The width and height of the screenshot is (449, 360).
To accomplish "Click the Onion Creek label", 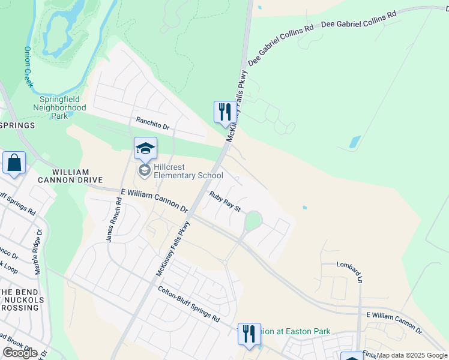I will tap(29, 67).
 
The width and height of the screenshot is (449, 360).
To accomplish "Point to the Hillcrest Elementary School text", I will tap(188, 171).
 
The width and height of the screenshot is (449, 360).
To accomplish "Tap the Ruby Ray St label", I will tap(224, 201).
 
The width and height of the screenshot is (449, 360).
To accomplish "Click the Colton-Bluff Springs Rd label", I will tap(188, 304).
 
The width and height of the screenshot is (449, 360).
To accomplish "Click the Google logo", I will tap(20, 352).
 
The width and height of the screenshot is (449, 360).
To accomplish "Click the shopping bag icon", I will tap(14, 163).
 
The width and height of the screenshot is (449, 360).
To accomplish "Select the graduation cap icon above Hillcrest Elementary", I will tap(145, 148).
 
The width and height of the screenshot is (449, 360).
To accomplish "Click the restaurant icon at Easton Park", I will tap(249, 334).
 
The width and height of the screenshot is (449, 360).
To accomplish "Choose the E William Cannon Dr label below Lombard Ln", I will tap(394, 323).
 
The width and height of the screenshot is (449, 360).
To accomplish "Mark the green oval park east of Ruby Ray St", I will tap(253, 221).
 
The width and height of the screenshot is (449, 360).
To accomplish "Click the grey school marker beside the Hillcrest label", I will tap(144, 171).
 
